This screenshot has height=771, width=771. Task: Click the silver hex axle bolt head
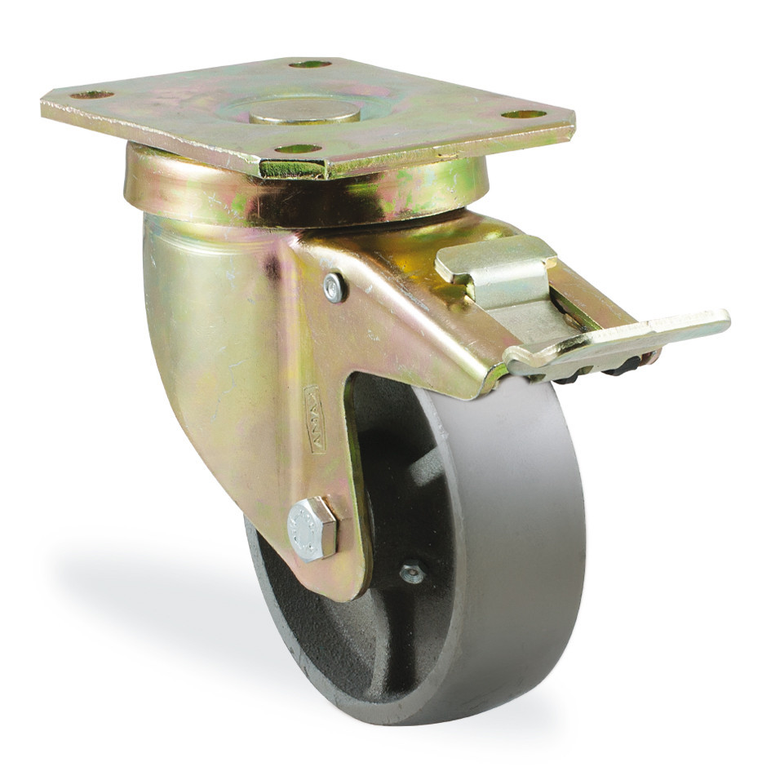pyautogui.click(x=312, y=528)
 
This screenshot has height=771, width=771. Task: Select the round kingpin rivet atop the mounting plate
pyautogui.click(x=305, y=112)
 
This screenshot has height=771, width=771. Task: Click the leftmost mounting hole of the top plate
pyautogui.click(x=91, y=95)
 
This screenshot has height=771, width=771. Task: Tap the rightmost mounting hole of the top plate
pyautogui.click(x=523, y=114)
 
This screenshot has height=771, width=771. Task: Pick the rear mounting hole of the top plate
pyautogui.click(x=310, y=64)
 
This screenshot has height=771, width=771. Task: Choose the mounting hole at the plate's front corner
pyautogui.click(x=298, y=148)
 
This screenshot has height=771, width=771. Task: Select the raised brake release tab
pyautogui.click(x=494, y=261)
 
